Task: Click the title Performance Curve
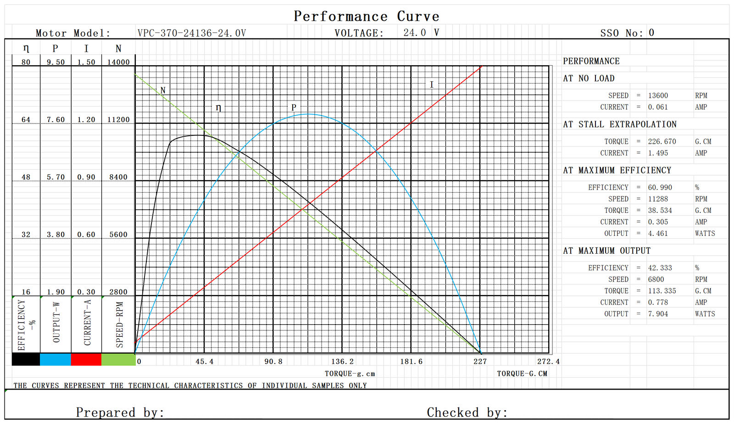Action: pyautogui.click(x=367, y=17)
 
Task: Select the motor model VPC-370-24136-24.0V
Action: pyautogui.click(x=192, y=33)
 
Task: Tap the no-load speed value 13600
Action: pyautogui.click(x=658, y=95)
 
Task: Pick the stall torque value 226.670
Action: pyautogui.click(x=662, y=141)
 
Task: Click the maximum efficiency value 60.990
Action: pyautogui.click(x=660, y=187)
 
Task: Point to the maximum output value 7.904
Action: pyautogui.click(x=658, y=314)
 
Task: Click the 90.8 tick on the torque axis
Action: pyautogui.click(x=273, y=362)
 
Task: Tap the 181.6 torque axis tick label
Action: pyautogui.click(x=411, y=362)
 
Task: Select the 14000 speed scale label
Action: pyautogui.click(x=118, y=62)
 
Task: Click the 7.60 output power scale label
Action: pyautogui.click(x=56, y=120)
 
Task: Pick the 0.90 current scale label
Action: pyautogui.click(x=86, y=177)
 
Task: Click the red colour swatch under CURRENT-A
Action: pyautogui.click(x=86, y=359)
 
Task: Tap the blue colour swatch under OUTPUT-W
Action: pyautogui.click(x=56, y=359)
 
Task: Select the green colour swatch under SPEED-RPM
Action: pyautogui.click(x=118, y=359)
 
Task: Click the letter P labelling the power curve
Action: pyautogui.click(x=294, y=107)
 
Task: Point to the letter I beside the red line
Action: pyautogui.click(x=431, y=84)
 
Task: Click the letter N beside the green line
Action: pyautogui.click(x=163, y=90)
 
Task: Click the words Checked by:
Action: pyautogui.click(x=467, y=412)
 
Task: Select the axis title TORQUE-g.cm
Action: pyautogui.click(x=350, y=374)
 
